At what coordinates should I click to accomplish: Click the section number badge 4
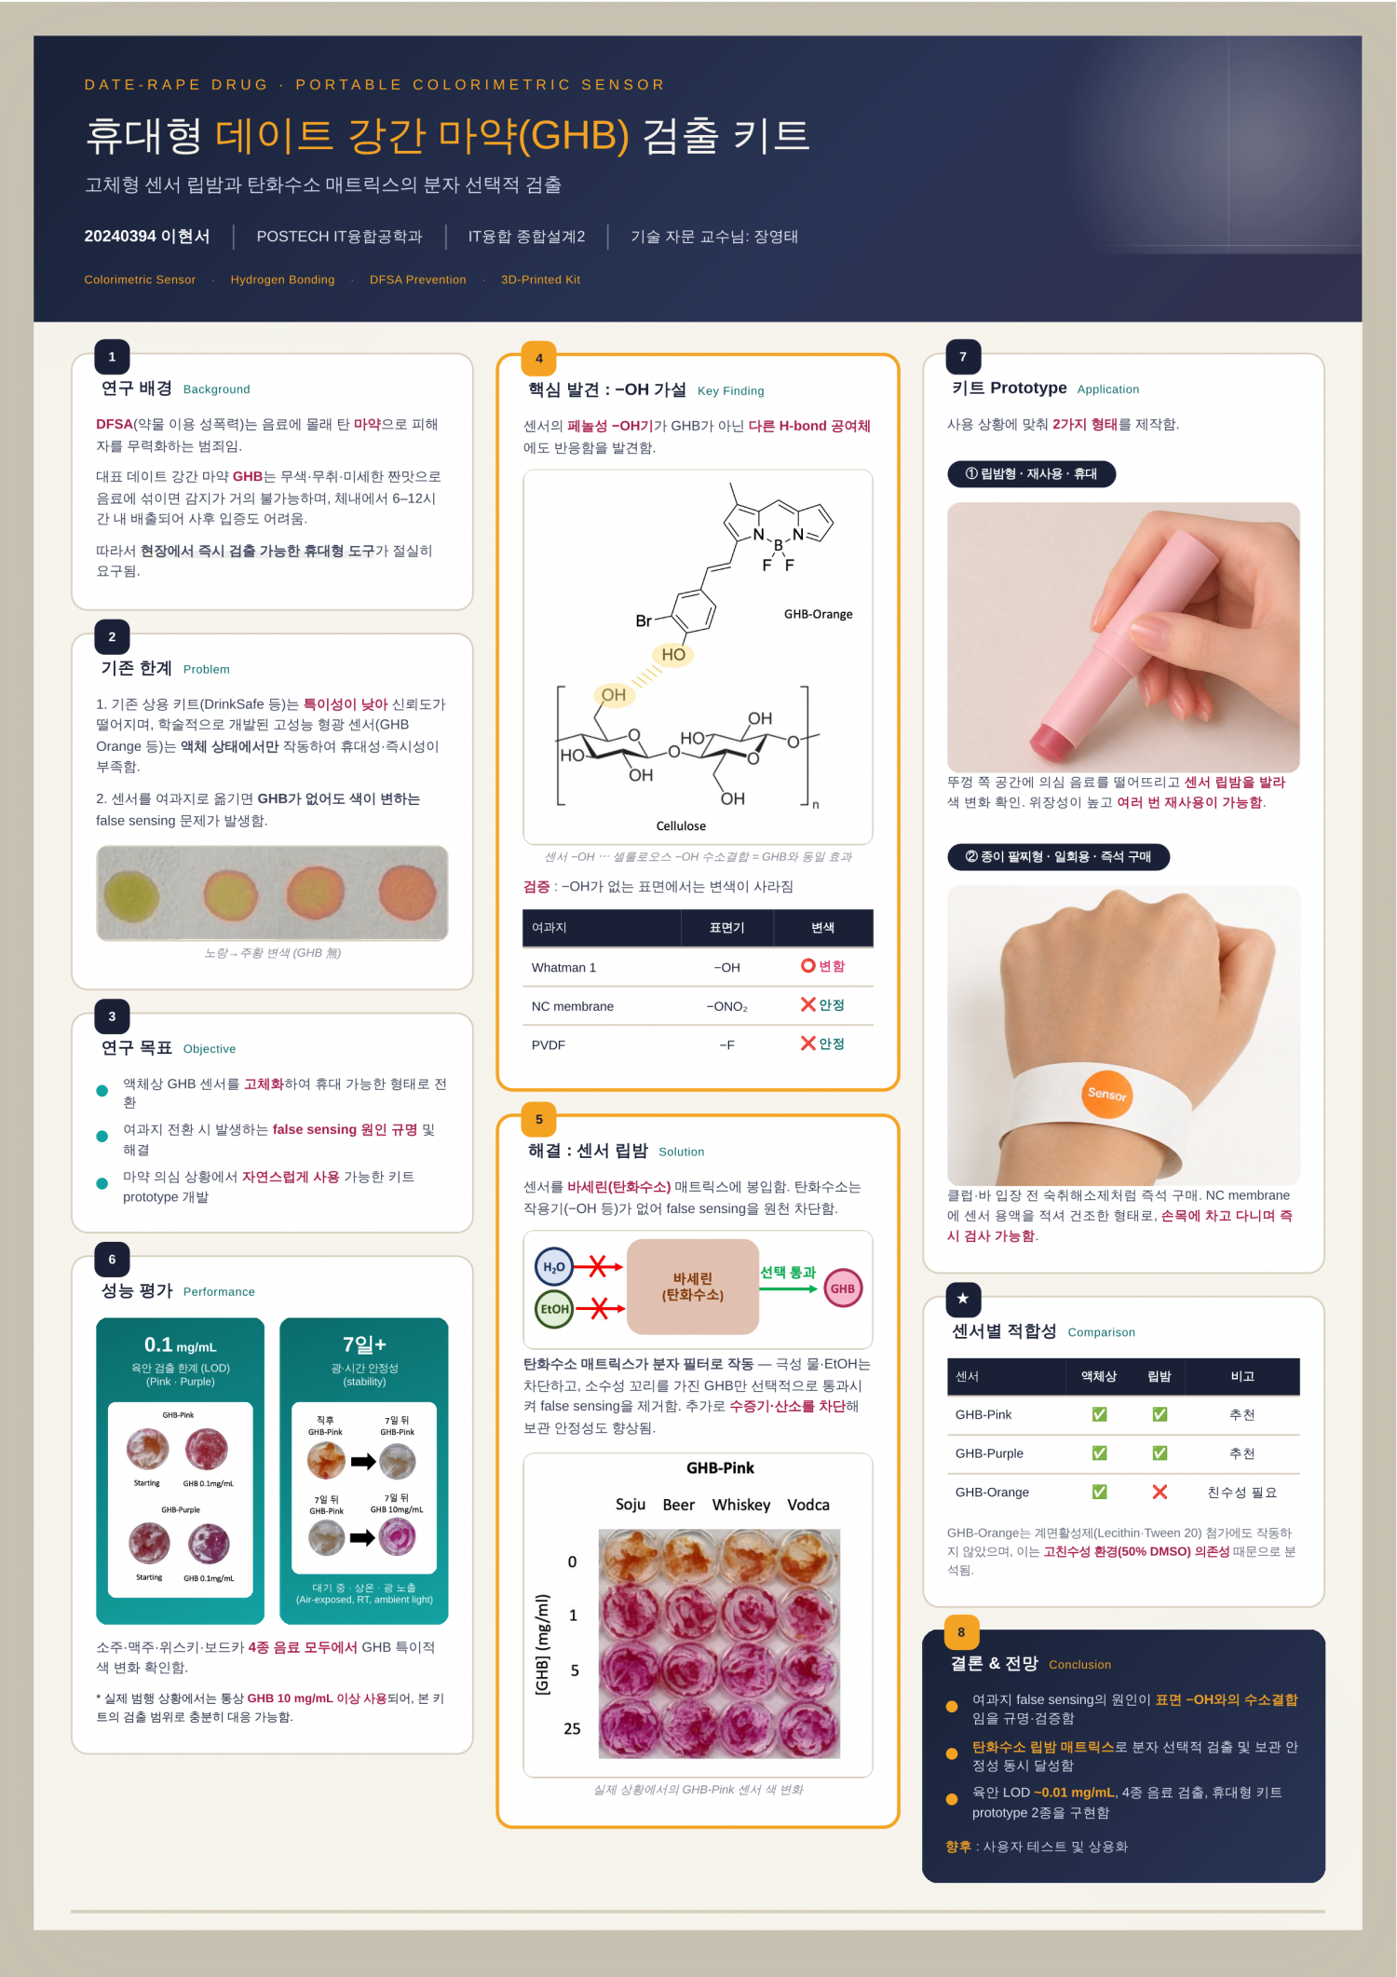(x=538, y=358)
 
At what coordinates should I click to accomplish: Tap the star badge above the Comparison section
(x=963, y=1299)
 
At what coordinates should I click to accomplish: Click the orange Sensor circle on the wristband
(x=1106, y=1094)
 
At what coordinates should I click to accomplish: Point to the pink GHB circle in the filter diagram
(x=843, y=1288)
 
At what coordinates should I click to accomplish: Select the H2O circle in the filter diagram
(x=553, y=1267)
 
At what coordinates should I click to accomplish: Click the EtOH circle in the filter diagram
(x=554, y=1309)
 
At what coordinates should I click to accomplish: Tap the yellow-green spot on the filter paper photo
(x=132, y=895)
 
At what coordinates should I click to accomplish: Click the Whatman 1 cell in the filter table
(x=563, y=968)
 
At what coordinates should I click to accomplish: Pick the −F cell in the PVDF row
(x=727, y=1045)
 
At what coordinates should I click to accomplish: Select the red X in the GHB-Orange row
(x=1160, y=1492)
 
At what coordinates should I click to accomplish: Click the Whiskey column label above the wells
(x=741, y=1505)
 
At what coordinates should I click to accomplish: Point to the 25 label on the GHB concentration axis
(x=572, y=1728)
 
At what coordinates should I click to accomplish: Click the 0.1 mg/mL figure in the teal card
(x=180, y=1344)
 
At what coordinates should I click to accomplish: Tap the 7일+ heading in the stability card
(x=364, y=1344)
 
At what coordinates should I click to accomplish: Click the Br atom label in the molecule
(x=644, y=620)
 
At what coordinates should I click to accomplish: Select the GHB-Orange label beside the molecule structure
(x=818, y=614)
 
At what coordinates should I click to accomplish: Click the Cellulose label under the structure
(x=681, y=826)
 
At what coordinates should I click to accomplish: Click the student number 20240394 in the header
(x=120, y=237)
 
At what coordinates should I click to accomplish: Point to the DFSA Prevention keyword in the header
(x=417, y=280)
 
